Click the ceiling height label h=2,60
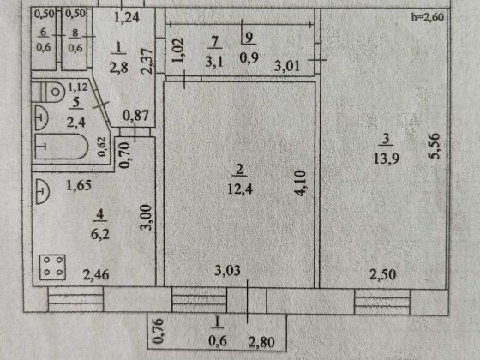[x=428, y=17]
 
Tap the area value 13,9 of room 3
[x=387, y=159]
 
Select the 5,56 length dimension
[x=434, y=146]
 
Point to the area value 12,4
[x=240, y=189]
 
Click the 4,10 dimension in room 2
[x=299, y=183]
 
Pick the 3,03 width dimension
[x=227, y=270]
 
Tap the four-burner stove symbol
[x=52, y=267]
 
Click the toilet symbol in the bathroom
[x=48, y=92]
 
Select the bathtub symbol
[x=62, y=147]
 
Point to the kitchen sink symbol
[x=42, y=192]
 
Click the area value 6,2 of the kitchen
[x=100, y=235]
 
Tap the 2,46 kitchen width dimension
[x=96, y=274]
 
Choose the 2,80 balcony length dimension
[x=261, y=342]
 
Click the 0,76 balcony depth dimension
[x=158, y=331]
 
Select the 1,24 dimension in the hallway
[x=127, y=17]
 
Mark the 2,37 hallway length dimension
[x=147, y=61]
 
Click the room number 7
[x=214, y=42]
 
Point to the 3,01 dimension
[x=286, y=66]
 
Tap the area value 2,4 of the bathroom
[x=76, y=123]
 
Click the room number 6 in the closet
[x=43, y=33]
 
